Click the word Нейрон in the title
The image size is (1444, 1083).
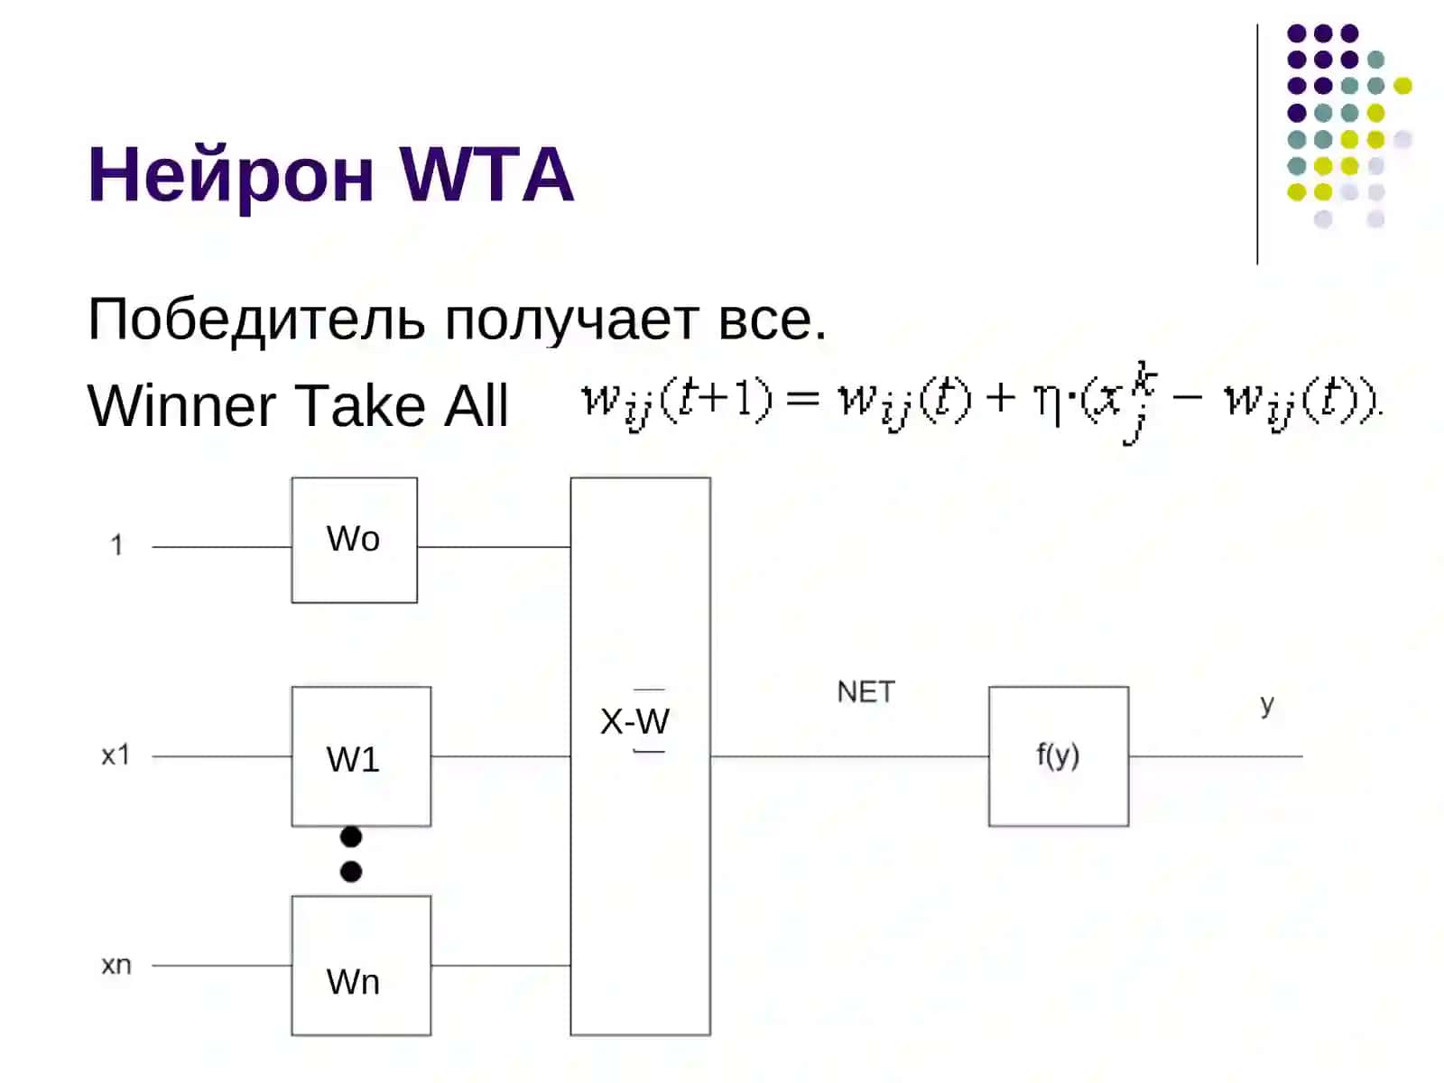pos(231,175)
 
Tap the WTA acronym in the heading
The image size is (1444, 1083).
pos(486,173)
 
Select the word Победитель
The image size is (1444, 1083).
pos(256,320)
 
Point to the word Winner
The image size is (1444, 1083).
pos(181,405)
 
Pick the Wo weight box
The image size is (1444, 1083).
pos(354,539)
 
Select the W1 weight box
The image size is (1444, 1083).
pos(361,755)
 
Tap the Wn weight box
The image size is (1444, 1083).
pos(361,965)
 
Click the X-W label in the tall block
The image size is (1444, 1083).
pos(634,721)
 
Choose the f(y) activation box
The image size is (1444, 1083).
pos(1058,755)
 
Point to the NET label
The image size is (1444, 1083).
pos(865,691)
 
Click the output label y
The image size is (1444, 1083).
pos(1266,705)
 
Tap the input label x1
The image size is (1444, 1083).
pos(116,754)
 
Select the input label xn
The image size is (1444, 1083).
pos(116,965)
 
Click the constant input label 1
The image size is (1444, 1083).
pos(117,544)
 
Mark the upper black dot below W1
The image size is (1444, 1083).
pos(351,837)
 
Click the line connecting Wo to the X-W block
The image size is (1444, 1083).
pos(494,546)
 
